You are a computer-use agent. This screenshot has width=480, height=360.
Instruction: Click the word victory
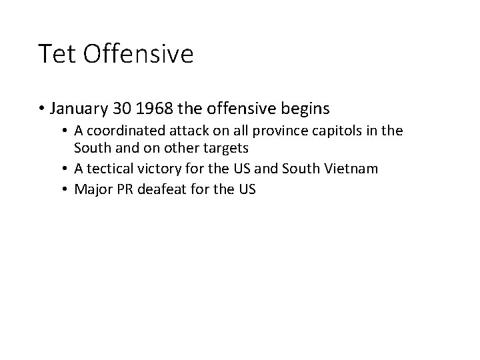point(155,169)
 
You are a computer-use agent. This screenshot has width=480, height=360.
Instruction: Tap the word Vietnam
point(353,169)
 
